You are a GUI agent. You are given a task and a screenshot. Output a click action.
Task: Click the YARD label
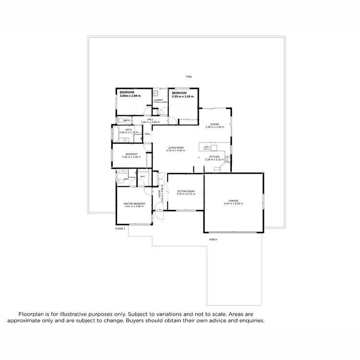pyautogui.click(x=189, y=77)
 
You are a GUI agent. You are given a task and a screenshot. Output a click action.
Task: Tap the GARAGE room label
pyautogui.click(x=233, y=201)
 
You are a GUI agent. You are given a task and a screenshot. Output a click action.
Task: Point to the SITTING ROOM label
pyautogui.click(x=185, y=191)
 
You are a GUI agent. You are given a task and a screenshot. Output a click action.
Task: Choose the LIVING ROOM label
pyautogui.click(x=176, y=147)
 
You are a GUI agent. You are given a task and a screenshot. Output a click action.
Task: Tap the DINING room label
pyautogui.click(x=215, y=124)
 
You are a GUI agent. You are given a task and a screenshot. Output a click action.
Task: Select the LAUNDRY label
pyautogui.click(x=158, y=100)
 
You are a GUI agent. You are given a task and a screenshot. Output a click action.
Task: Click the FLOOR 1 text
pyautogui.click(x=120, y=229)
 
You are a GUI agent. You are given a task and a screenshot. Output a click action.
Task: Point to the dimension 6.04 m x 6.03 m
pyautogui.click(x=233, y=204)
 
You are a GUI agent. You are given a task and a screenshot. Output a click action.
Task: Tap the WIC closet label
pyautogui.click(x=143, y=177)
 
